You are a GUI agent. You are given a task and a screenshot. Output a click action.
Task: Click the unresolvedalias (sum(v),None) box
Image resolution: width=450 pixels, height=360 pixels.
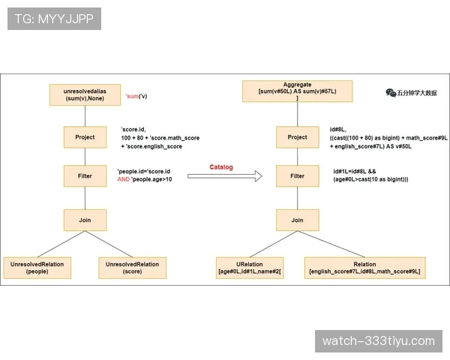tap(85, 94)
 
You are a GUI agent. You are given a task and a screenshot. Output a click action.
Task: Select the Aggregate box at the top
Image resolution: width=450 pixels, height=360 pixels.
tap(297, 91)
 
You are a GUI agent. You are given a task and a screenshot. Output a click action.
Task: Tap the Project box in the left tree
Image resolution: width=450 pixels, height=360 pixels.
tap(85, 137)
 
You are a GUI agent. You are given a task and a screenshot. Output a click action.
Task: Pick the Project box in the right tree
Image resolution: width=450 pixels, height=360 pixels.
tap(297, 137)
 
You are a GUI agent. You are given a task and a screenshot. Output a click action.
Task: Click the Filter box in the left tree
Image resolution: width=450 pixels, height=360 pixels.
tap(85, 176)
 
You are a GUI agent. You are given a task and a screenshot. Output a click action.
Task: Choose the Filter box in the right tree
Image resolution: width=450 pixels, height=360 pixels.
tap(297, 176)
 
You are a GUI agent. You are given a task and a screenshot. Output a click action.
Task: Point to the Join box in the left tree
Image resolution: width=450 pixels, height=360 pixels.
tap(85, 220)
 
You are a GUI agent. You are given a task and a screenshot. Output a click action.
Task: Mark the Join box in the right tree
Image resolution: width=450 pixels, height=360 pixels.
tap(297, 220)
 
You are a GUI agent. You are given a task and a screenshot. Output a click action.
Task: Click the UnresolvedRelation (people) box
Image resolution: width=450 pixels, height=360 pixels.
tap(37, 268)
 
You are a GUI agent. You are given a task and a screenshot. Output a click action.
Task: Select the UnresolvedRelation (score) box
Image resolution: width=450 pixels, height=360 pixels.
tap(132, 268)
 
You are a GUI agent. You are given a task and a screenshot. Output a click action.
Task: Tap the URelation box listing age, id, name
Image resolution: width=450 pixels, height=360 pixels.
tap(250, 268)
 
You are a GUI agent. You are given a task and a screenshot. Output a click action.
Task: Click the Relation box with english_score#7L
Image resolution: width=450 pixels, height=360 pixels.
tap(364, 268)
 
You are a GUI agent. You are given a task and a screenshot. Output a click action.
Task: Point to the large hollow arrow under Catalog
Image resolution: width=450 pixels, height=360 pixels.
tap(225, 176)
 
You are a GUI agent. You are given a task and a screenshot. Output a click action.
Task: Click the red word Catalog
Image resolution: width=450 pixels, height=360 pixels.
tap(221, 167)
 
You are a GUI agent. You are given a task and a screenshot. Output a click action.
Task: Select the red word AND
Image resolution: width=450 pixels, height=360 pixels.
tap(124, 179)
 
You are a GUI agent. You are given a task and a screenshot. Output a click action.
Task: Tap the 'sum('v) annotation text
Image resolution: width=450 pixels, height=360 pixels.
tap(136, 96)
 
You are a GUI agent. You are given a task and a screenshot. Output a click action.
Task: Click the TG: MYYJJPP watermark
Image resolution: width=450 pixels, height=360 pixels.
tap(54, 19)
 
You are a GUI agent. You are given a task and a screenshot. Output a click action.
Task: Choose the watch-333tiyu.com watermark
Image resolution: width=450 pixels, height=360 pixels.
tap(379, 341)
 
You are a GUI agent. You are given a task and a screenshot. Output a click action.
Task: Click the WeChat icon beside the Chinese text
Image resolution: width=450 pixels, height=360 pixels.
tap(391, 93)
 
